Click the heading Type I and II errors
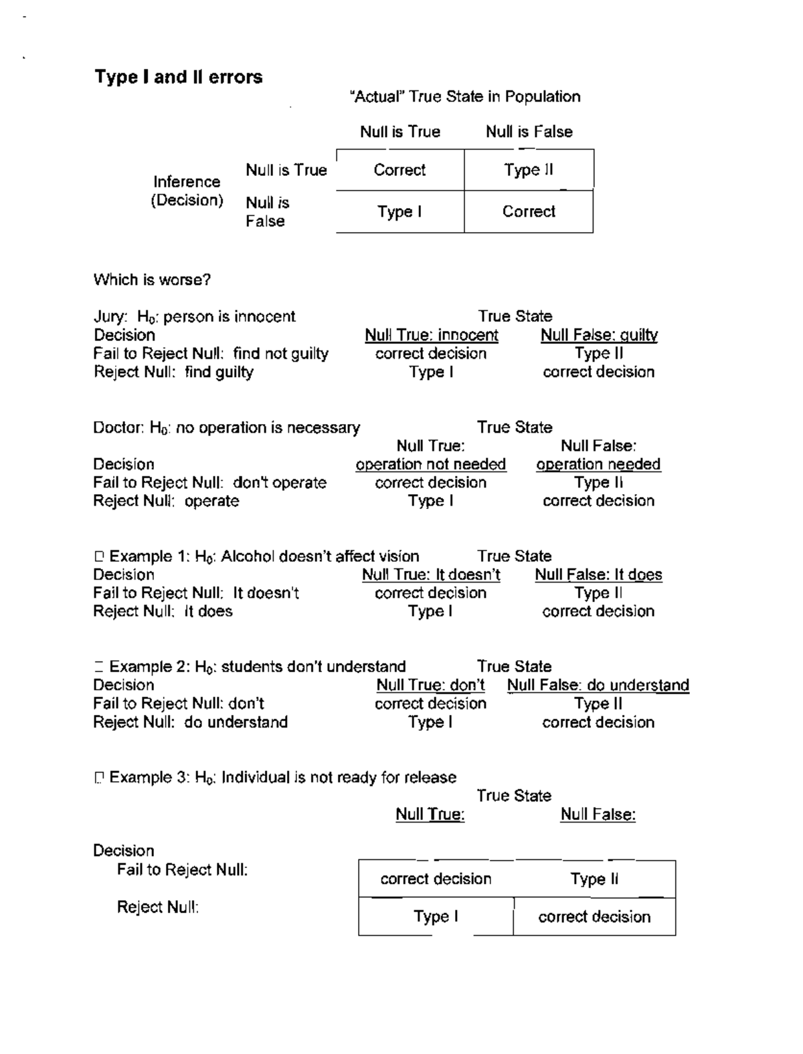(x=178, y=77)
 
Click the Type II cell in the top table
(x=529, y=170)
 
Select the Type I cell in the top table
(x=399, y=212)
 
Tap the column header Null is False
(x=529, y=132)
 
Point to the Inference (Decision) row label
(x=187, y=191)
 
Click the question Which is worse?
(x=152, y=280)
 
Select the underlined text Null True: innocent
(x=431, y=335)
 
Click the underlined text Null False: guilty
(x=599, y=335)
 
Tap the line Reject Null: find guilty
(x=173, y=372)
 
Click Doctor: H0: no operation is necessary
(x=226, y=427)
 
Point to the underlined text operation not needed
(x=430, y=464)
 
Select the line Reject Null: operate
(x=166, y=501)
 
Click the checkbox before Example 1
(x=99, y=556)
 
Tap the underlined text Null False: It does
(x=598, y=574)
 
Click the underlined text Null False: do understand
(x=598, y=685)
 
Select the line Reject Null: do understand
(x=190, y=722)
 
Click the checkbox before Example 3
(x=99, y=778)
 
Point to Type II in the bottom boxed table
(x=594, y=879)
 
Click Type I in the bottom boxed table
(x=436, y=916)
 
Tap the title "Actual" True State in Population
(x=464, y=97)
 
